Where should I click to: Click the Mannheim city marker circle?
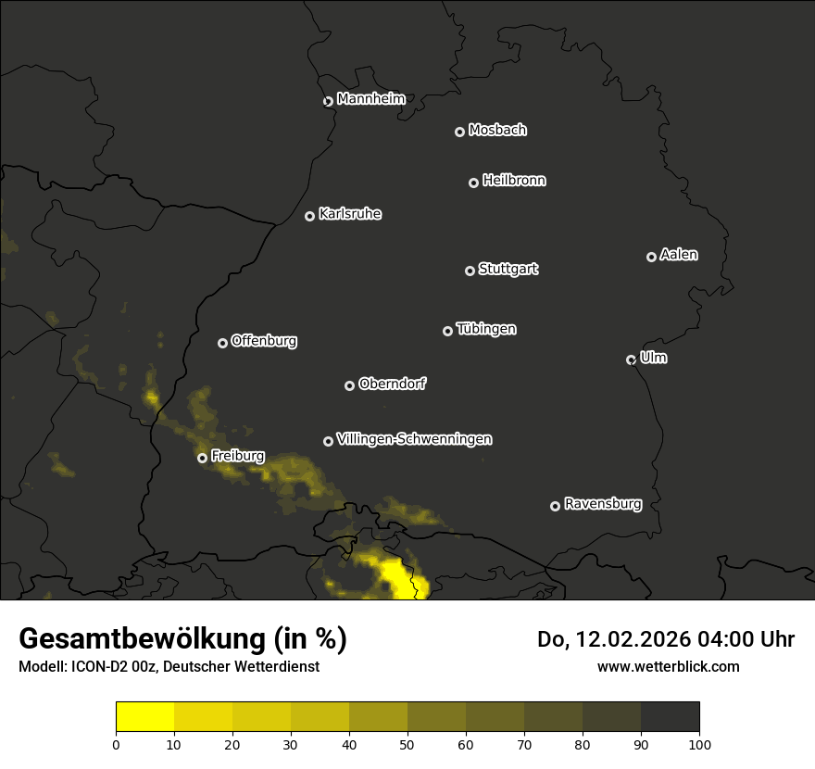click(328, 102)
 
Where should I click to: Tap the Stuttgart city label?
click(508, 270)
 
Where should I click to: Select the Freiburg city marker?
click(202, 458)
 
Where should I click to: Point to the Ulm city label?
click(653, 358)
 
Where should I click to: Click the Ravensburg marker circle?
click(555, 506)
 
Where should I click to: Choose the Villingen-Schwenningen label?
click(414, 439)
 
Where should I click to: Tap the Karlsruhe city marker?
click(309, 217)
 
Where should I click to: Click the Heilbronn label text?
click(514, 181)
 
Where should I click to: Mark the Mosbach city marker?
click(459, 132)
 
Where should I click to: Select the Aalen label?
click(679, 255)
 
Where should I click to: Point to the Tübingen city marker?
click(447, 331)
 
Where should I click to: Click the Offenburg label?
click(264, 341)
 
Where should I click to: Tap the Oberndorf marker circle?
click(349, 385)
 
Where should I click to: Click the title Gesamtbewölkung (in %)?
click(182, 638)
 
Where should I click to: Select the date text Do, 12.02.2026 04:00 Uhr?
click(665, 639)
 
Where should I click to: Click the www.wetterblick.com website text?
click(668, 666)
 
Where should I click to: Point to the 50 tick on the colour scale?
click(407, 744)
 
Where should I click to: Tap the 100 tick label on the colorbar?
click(699, 744)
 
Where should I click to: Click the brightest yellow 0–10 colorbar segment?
click(145, 717)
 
